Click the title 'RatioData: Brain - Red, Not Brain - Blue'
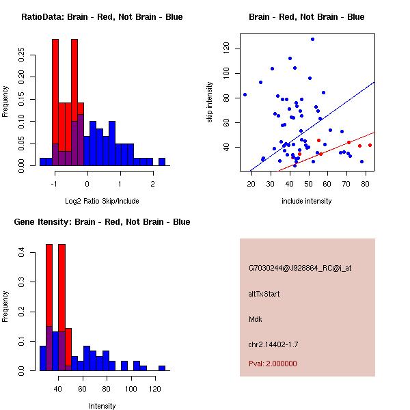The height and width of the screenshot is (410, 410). pos(102,17)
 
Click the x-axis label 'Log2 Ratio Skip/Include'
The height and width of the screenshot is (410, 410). pos(102,201)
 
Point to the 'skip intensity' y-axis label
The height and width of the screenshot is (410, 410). pos(210,102)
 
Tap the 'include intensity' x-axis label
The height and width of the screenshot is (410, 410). pos(307,201)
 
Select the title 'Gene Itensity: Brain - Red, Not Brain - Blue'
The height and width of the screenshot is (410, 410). pos(102,222)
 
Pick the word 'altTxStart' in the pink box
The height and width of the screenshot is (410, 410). pos(264,294)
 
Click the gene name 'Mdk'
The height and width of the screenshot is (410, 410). pos(255,319)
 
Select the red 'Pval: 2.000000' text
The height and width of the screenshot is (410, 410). pos(273,364)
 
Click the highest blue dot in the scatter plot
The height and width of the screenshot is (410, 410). pos(312,40)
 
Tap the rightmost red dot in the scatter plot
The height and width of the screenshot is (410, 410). pos(370,145)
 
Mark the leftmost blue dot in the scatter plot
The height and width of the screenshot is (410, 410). pos(245,95)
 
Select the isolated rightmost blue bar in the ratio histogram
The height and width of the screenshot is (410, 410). pos(162,162)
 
